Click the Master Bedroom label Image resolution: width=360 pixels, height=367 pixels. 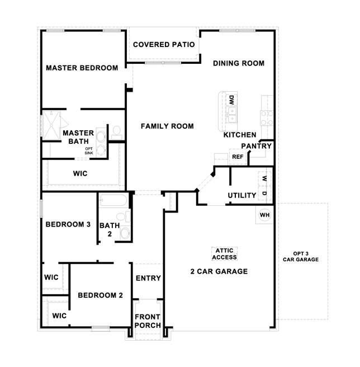click(x=82, y=68)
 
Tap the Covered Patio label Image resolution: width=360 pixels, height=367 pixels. click(x=164, y=44)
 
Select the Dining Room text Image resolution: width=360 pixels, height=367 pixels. click(x=239, y=63)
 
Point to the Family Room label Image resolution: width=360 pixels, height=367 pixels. click(x=167, y=126)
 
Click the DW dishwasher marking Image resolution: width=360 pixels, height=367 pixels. click(x=231, y=100)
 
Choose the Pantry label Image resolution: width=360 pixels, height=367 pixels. click(x=257, y=146)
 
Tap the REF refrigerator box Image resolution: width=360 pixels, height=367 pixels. click(x=238, y=157)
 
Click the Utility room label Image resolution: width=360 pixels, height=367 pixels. click(x=242, y=195)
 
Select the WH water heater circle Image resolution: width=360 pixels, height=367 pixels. click(x=265, y=214)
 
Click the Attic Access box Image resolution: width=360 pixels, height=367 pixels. click(x=225, y=254)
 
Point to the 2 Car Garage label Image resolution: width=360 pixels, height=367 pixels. click(x=218, y=272)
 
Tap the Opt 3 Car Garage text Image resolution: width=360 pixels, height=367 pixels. click(x=301, y=256)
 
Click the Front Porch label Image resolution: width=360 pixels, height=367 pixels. click(x=148, y=321)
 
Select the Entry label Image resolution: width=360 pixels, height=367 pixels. click(x=148, y=278)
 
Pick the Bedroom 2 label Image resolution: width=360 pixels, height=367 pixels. click(x=100, y=295)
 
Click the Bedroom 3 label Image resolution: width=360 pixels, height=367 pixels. click(x=68, y=224)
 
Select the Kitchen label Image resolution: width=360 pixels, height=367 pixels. click(x=240, y=135)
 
